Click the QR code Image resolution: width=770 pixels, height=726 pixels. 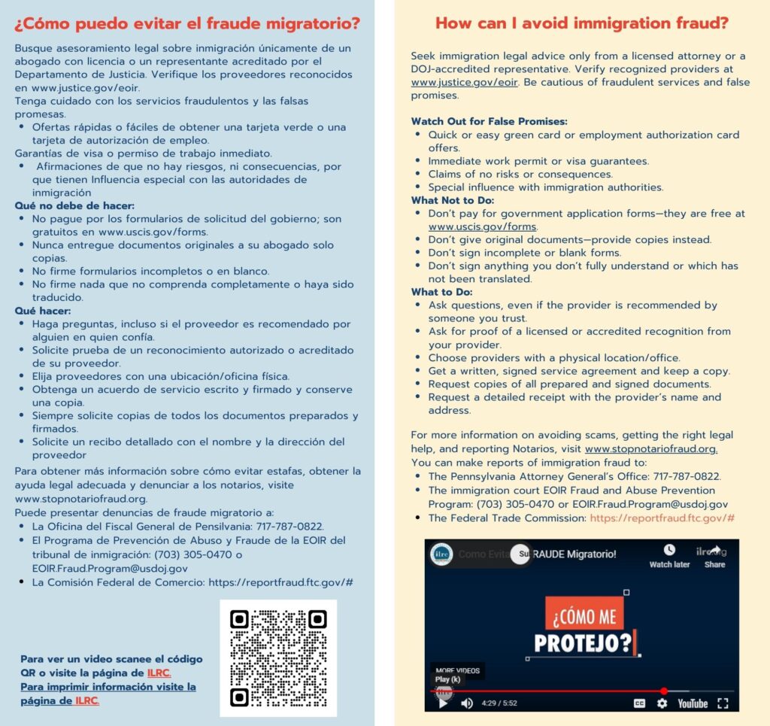click(278, 658)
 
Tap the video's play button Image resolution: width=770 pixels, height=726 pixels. click(443, 703)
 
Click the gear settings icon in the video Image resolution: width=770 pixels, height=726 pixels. click(662, 703)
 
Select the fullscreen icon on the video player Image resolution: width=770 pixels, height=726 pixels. click(723, 703)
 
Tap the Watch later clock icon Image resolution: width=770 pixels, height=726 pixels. click(669, 551)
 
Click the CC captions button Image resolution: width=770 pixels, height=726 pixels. click(639, 703)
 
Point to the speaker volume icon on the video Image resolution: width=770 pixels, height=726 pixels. click(467, 703)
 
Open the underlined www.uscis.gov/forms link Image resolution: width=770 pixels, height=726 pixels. click(483, 226)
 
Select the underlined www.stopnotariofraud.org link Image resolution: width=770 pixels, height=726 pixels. click(650, 449)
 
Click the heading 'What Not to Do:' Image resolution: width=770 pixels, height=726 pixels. click(453, 200)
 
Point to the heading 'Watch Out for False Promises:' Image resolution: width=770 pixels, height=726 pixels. click(489, 121)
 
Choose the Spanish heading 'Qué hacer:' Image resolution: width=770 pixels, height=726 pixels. click(43, 310)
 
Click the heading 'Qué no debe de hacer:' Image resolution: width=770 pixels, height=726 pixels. click(74, 205)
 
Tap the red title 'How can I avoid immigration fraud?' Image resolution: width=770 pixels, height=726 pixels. click(582, 23)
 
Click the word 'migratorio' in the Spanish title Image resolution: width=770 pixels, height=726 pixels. click(316, 23)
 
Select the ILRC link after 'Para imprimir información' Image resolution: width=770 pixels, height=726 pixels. click(87, 700)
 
